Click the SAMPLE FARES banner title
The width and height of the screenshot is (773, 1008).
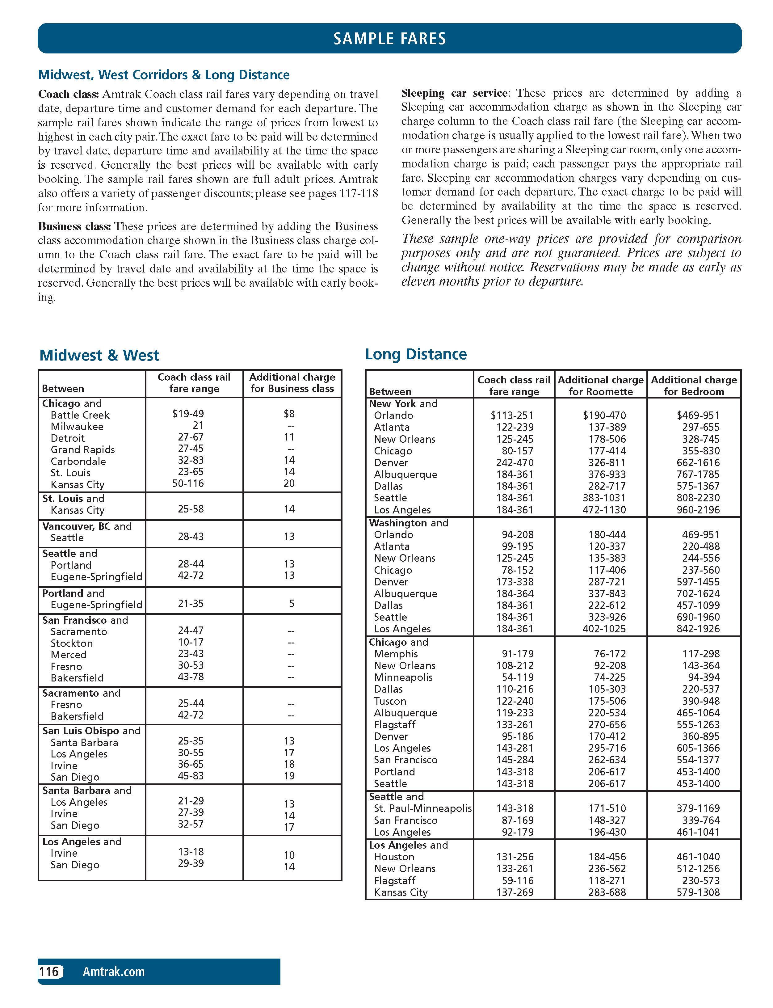tap(390, 38)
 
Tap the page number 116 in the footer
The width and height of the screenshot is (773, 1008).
tap(49, 971)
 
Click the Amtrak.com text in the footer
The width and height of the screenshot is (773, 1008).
tap(114, 971)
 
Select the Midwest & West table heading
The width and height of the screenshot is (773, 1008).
tap(99, 355)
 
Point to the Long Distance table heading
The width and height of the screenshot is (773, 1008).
tap(416, 354)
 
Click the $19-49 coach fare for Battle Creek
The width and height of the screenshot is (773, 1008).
tap(188, 414)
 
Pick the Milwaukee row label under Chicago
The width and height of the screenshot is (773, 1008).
tap(77, 427)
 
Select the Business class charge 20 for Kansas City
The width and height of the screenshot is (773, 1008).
tap(289, 483)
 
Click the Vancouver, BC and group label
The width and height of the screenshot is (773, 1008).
tap(87, 526)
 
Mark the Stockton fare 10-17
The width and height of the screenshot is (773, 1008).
tap(191, 642)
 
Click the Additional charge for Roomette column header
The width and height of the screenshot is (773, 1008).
tap(600, 386)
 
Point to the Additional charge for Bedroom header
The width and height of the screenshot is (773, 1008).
tap(694, 386)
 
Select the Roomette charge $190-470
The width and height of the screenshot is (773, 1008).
tap(604, 415)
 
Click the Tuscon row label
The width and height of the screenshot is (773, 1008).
tap(390, 701)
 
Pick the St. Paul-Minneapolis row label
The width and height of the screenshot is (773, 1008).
tap(423, 808)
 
